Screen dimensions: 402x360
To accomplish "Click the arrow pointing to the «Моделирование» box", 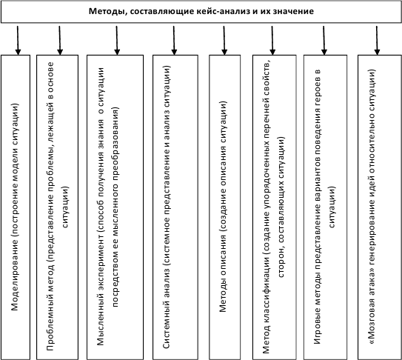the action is (x=18, y=40).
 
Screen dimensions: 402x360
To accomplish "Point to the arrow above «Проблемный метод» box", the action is (x=60, y=40).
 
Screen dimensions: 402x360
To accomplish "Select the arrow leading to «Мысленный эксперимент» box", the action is (x=117, y=40).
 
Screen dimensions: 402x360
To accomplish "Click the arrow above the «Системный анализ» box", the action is (x=174, y=40).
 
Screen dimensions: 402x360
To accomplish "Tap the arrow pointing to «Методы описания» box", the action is (x=224, y=40).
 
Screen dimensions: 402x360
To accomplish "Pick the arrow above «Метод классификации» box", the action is (x=272, y=40).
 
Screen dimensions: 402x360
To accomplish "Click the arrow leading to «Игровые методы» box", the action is (x=324, y=40).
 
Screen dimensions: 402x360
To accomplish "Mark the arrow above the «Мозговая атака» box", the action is (x=377, y=40).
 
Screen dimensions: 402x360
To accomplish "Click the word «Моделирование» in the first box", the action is (x=15, y=275).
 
